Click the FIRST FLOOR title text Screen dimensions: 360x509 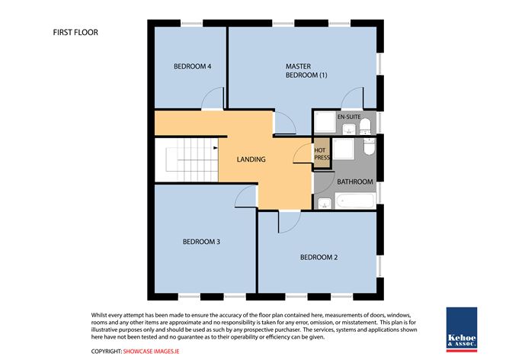(75, 33)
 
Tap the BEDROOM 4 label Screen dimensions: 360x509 (192, 67)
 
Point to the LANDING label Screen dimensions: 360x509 (251, 159)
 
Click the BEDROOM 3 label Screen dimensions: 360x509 (201, 242)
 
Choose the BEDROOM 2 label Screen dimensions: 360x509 (319, 257)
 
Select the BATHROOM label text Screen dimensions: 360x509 (354, 182)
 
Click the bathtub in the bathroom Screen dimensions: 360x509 (355, 202)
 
